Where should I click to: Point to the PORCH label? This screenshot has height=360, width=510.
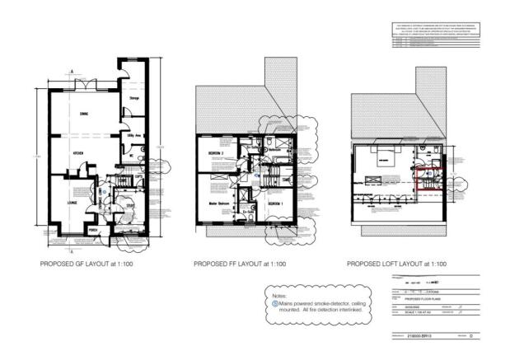93,230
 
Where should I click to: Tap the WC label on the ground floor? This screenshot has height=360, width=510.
130,153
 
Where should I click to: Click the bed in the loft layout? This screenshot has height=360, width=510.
384,159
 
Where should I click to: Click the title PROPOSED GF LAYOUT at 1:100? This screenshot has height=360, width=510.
91,264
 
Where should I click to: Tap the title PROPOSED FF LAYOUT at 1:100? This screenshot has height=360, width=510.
240,264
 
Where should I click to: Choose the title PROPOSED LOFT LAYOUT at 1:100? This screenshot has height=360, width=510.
396,264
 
